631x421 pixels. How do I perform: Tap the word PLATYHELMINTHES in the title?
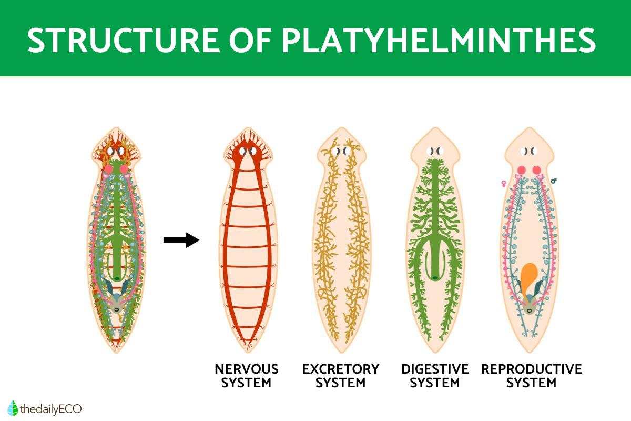[439, 39]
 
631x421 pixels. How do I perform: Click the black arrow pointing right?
[181, 240]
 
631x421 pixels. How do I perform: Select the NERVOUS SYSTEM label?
[246, 376]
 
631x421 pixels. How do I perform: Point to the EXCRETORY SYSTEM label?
[340, 376]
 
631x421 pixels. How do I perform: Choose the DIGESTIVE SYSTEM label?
[435, 376]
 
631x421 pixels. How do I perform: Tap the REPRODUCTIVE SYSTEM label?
[531, 376]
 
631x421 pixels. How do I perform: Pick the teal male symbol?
[554, 181]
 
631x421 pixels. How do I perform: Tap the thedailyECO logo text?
[50, 408]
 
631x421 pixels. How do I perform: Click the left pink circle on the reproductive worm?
[522, 170]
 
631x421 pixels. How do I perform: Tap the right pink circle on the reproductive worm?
[536, 170]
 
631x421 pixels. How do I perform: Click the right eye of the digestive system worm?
[440, 151]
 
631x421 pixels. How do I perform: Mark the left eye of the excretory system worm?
[337, 151]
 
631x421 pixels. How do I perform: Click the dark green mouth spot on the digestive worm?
[435, 277]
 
